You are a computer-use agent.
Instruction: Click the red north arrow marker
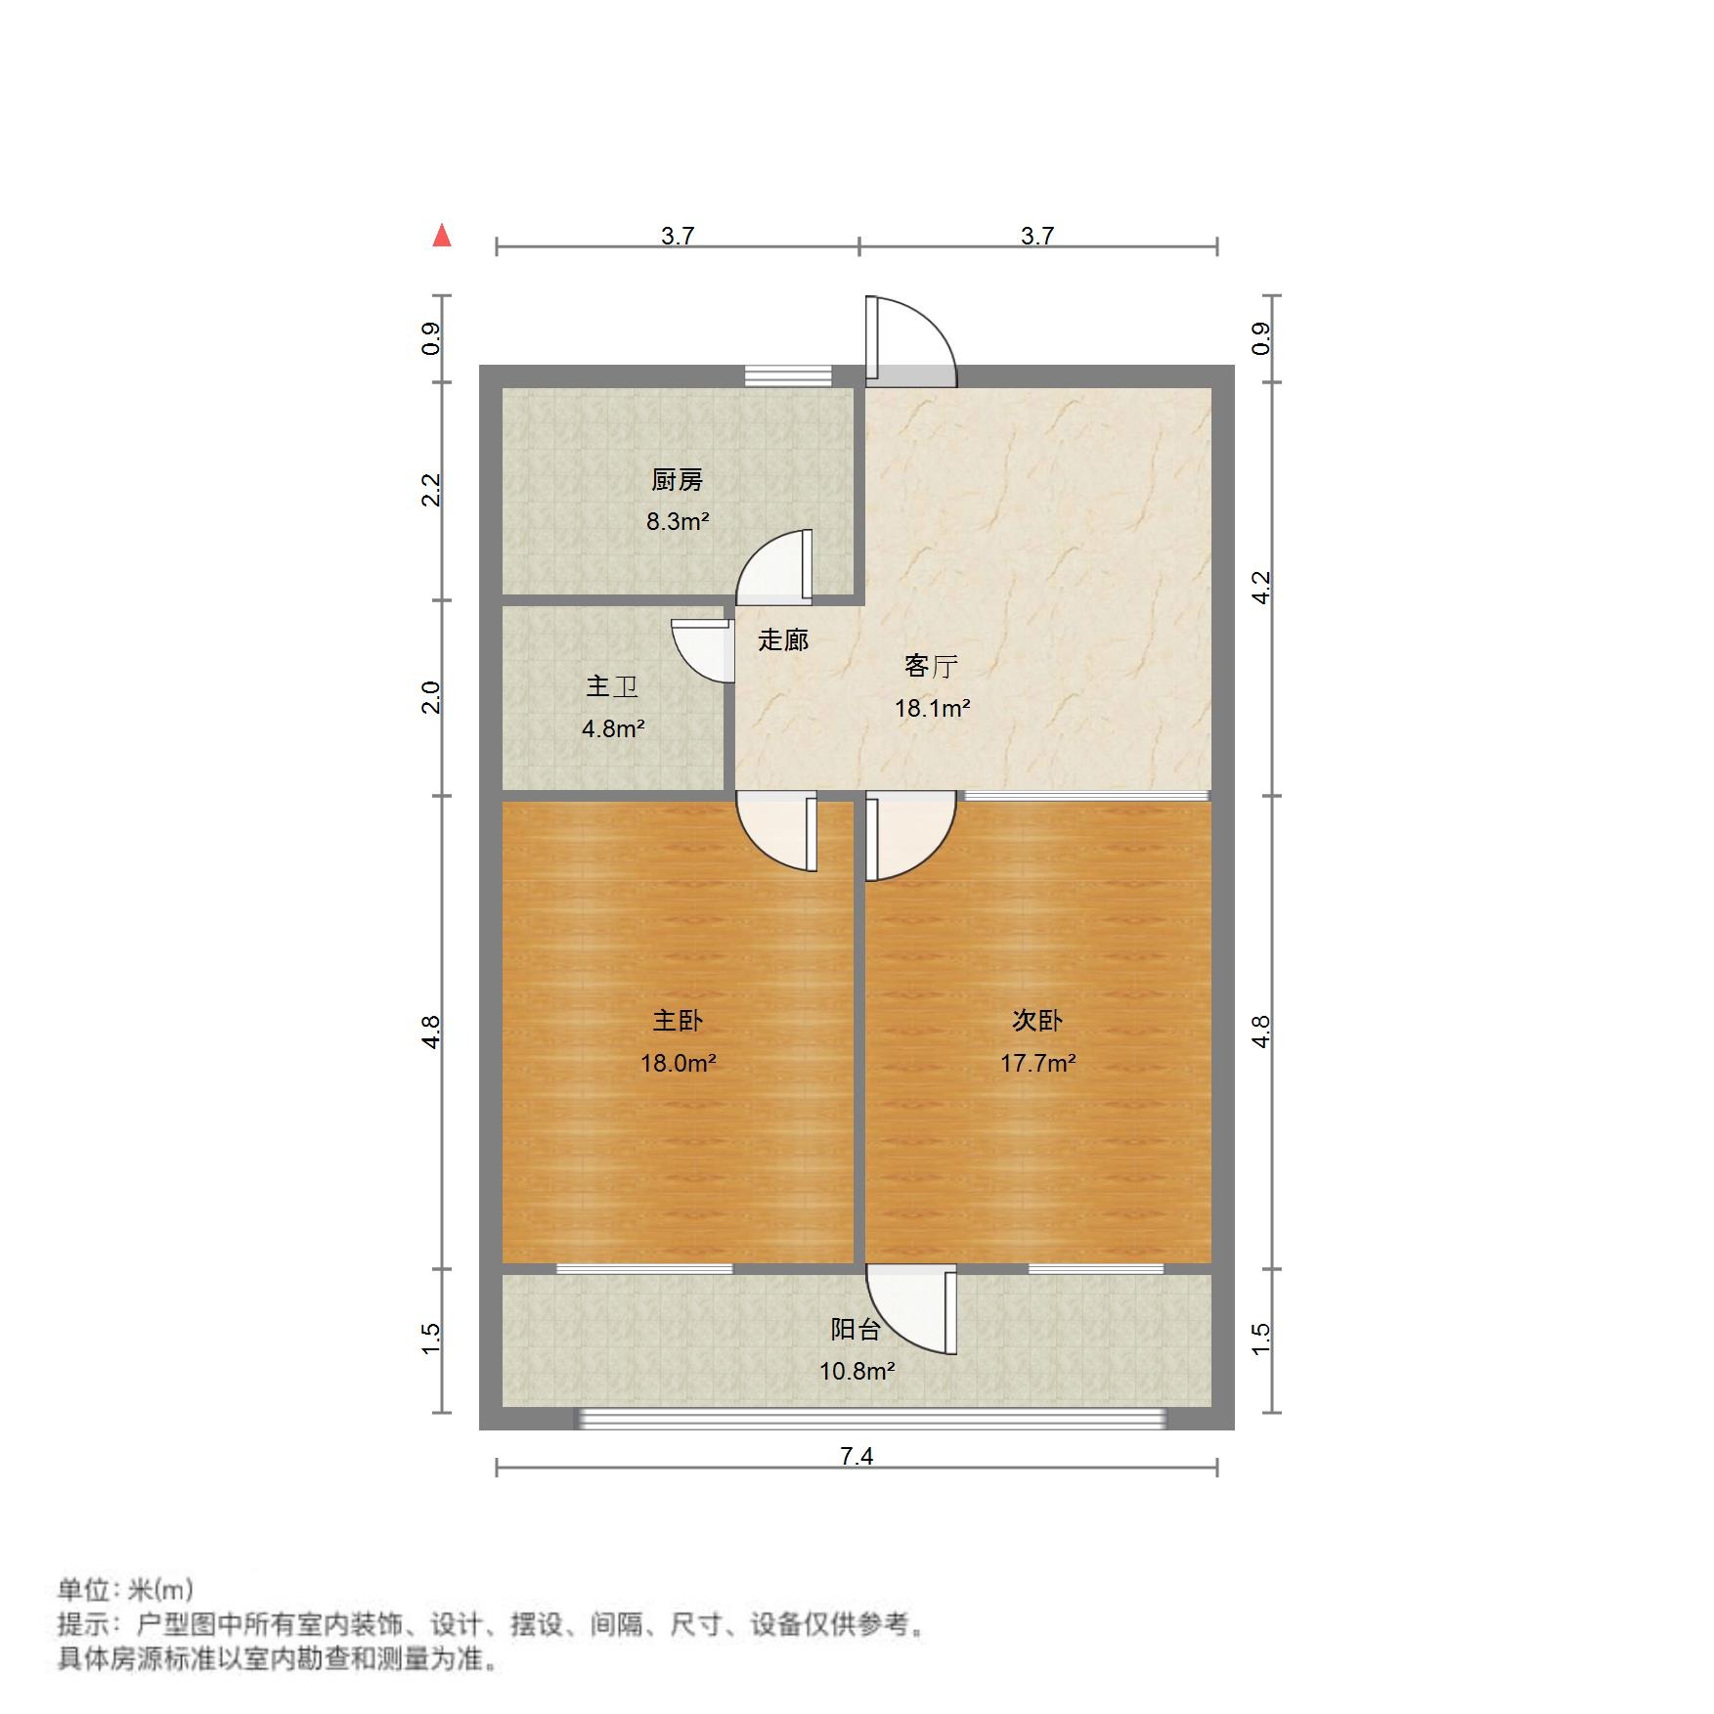coord(442,236)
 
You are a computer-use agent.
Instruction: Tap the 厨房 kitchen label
coord(677,480)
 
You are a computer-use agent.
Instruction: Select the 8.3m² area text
coord(677,521)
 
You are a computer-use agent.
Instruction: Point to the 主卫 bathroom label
coord(612,686)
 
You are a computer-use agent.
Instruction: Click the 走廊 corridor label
coord(783,640)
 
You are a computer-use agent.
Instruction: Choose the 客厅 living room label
coord(930,667)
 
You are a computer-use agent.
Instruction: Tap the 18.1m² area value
coord(932,708)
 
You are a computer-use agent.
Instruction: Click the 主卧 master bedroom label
coord(678,1021)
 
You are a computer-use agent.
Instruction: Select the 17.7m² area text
coord(1037,1063)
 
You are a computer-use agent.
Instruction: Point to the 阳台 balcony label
coord(856,1330)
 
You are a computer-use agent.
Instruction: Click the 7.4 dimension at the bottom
coord(857,1456)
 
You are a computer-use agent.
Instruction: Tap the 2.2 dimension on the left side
coord(431,489)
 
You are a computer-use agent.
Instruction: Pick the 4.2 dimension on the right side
coord(1261,587)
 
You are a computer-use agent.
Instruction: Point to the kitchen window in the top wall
coord(788,375)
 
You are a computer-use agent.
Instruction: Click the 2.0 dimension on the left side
coord(431,697)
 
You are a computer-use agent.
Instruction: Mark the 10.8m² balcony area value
coord(857,1371)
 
